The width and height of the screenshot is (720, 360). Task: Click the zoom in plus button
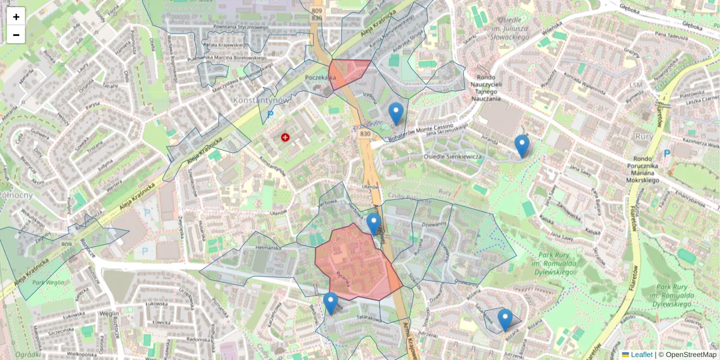(16, 16)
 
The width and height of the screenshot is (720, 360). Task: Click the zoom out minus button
(16, 35)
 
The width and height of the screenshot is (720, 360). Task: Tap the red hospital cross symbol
(285, 137)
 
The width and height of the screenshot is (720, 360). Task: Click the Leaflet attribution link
(641, 355)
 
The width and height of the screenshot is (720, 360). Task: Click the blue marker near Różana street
(505, 319)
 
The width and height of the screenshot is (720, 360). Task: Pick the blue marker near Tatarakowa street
(331, 303)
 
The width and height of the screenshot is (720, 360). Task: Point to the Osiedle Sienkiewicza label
(453, 157)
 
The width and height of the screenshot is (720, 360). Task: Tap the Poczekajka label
(320, 77)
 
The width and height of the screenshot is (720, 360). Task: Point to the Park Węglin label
(48, 283)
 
